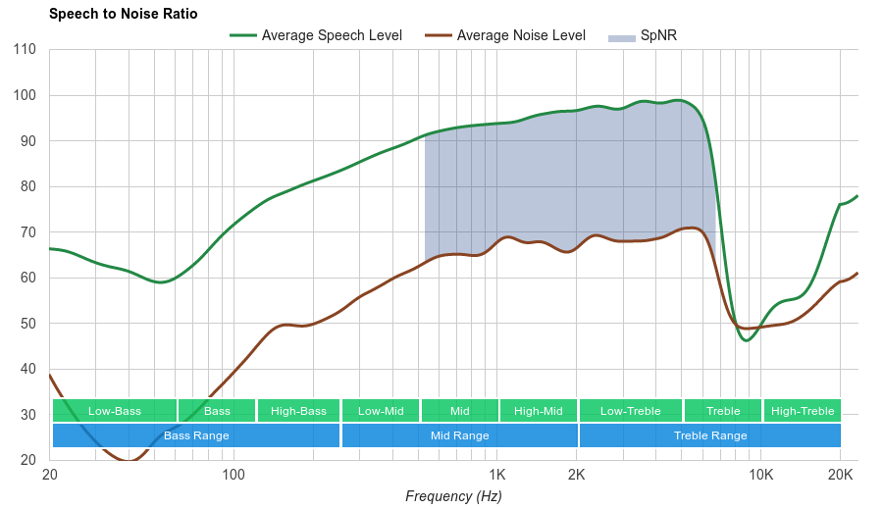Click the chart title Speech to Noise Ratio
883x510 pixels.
tap(123, 14)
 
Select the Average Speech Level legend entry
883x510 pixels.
tap(331, 36)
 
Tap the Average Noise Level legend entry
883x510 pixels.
tap(521, 36)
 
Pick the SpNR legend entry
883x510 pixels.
tap(657, 36)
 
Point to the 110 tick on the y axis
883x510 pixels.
tap(26, 50)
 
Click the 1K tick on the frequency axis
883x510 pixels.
tap(497, 476)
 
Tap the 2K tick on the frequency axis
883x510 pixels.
tap(576, 476)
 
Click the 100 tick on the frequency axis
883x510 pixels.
tap(234, 476)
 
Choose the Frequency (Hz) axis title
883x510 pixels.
tap(453, 496)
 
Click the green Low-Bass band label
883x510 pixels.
tap(115, 411)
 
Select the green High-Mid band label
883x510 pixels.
tap(539, 411)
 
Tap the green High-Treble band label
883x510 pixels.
tap(803, 411)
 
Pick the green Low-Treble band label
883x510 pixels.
tap(630, 411)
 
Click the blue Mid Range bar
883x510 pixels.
tap(459, 435)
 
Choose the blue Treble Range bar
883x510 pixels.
tap(710, 435)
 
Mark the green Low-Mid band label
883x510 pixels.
tap(381, 411)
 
